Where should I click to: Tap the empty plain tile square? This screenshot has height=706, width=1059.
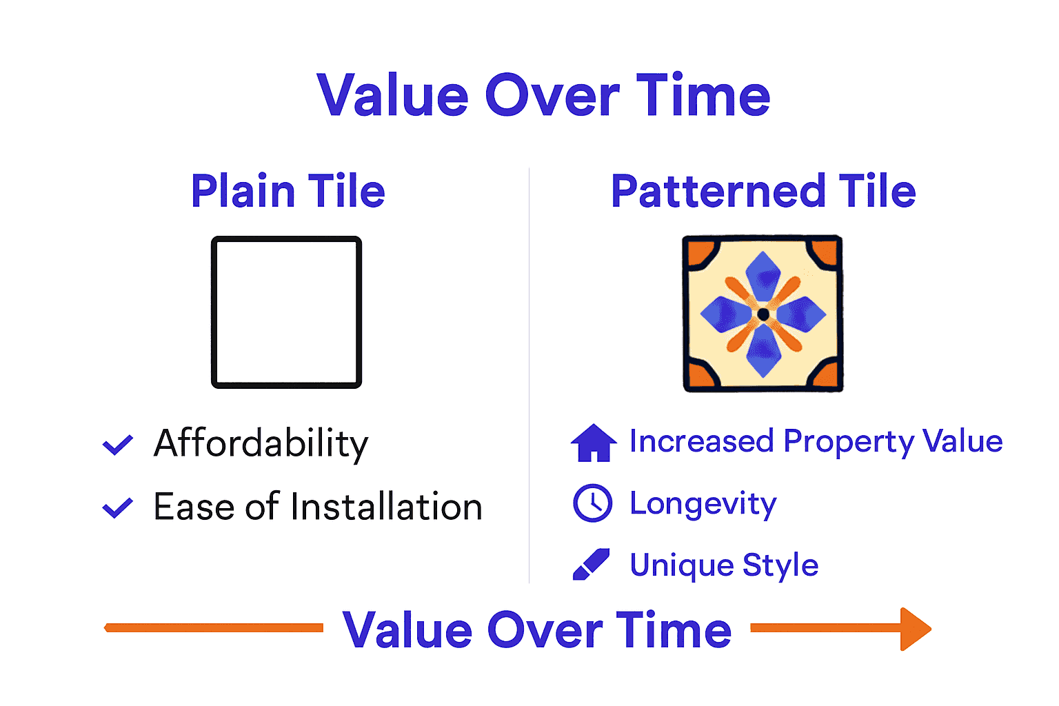click(286, 312)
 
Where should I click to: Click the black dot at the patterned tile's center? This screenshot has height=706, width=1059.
click(763, 314)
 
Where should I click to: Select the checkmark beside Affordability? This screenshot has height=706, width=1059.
click(118, 445)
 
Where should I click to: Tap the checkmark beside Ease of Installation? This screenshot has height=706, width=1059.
click(118, 508)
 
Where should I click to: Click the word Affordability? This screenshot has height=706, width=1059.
click(261, 443)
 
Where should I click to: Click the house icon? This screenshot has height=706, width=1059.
click(594, 443)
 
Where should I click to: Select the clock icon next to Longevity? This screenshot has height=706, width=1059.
click(592, 503)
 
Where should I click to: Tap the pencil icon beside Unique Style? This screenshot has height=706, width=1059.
click(592, 565)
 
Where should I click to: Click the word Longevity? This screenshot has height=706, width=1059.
click(703, 504)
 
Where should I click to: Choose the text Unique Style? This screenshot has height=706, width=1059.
click(724, 565)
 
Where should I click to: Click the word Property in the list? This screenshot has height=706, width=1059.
click(849, 442)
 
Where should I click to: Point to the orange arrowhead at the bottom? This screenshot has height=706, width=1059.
click(915, 629)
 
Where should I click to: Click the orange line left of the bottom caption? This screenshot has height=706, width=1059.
click(214, 627)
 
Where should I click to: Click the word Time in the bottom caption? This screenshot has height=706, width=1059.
click(674, 629)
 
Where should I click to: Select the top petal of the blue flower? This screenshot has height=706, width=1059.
click(763, 275)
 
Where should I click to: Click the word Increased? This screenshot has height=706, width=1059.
click(701, 441)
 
